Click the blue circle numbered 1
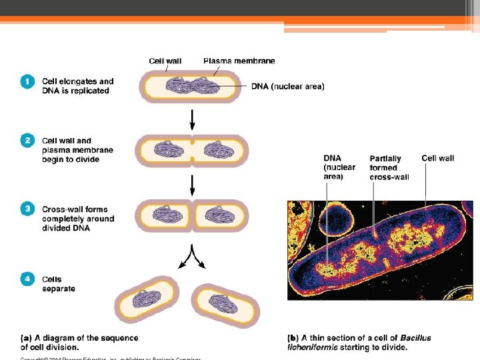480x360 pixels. tap(27, 82)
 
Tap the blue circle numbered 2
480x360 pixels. tap(27, 141)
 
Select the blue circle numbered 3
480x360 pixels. tap(27, 209)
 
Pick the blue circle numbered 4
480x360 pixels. tap(27, 280)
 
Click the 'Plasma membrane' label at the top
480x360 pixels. tap(239, 61)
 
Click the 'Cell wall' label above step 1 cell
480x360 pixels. tap(166, 61)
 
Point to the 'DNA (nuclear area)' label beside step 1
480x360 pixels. tap(288, 86)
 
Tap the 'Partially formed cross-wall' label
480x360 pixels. tap(385, 167)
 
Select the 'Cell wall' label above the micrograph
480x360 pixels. tap(438, 158)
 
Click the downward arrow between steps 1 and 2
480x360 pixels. tap(193, 119)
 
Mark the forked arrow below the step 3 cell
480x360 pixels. tap(193, 256)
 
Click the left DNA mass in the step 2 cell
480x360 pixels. tap(167, 150)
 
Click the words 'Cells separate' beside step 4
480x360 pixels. tap(59, 284)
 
